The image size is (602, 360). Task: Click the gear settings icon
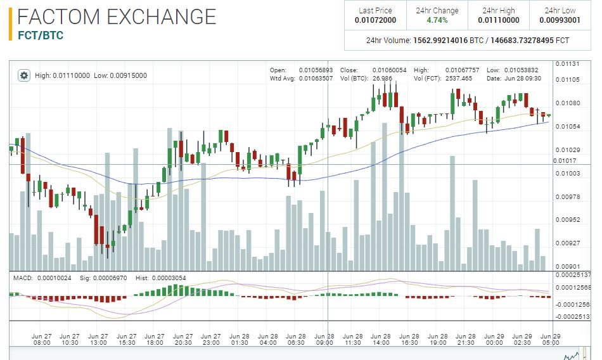pos(24,75)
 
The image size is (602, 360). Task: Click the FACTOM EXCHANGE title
pos(117,16)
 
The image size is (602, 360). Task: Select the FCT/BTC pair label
pos(41,35)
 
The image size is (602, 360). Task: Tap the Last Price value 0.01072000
pos(376,20)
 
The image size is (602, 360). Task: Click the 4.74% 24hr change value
pos(437,20)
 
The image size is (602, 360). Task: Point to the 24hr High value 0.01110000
pos(498,20)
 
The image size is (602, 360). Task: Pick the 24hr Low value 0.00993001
pos(560,20)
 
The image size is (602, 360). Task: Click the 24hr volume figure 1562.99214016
pos(440,41)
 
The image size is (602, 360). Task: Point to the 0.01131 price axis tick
pos(567,64)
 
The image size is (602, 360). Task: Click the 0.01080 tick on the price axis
pos(567,103)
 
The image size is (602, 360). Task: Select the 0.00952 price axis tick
pos(567,220)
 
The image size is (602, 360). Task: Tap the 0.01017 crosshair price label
pos(565,160)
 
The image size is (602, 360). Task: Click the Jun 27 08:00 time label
pos(41,339)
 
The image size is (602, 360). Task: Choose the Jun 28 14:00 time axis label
pos(380,339)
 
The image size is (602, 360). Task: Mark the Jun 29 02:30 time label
pos(522,339)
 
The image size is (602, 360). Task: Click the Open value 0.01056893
pos(316,70)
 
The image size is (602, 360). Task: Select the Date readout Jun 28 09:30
pos(523,79)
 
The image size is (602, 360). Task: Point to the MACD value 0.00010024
pos(54,278)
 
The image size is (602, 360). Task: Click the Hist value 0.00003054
pos(169,278)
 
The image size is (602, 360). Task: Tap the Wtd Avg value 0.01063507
pos(316,79)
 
